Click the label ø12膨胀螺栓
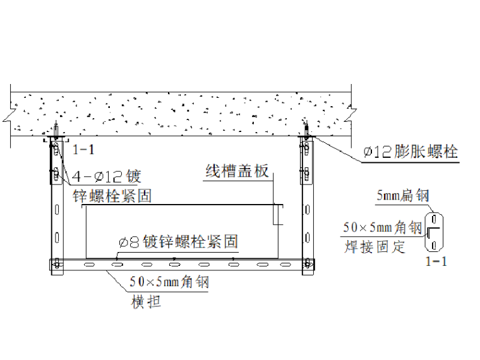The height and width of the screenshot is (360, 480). (411, 152)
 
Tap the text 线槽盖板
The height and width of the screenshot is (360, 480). (237, 171)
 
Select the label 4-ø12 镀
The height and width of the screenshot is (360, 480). (106, 176)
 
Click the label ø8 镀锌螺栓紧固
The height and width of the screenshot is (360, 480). (178, 241)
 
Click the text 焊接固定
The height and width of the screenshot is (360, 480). (375, 246)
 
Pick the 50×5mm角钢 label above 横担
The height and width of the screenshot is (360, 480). (169, 283)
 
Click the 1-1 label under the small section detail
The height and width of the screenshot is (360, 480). (435, 261)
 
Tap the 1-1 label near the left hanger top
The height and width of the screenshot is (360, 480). (83, 150)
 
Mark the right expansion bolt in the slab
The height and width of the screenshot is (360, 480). (307, 128)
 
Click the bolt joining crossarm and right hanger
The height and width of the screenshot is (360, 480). (308, 263)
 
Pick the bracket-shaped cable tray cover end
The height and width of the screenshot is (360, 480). (277, 214)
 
